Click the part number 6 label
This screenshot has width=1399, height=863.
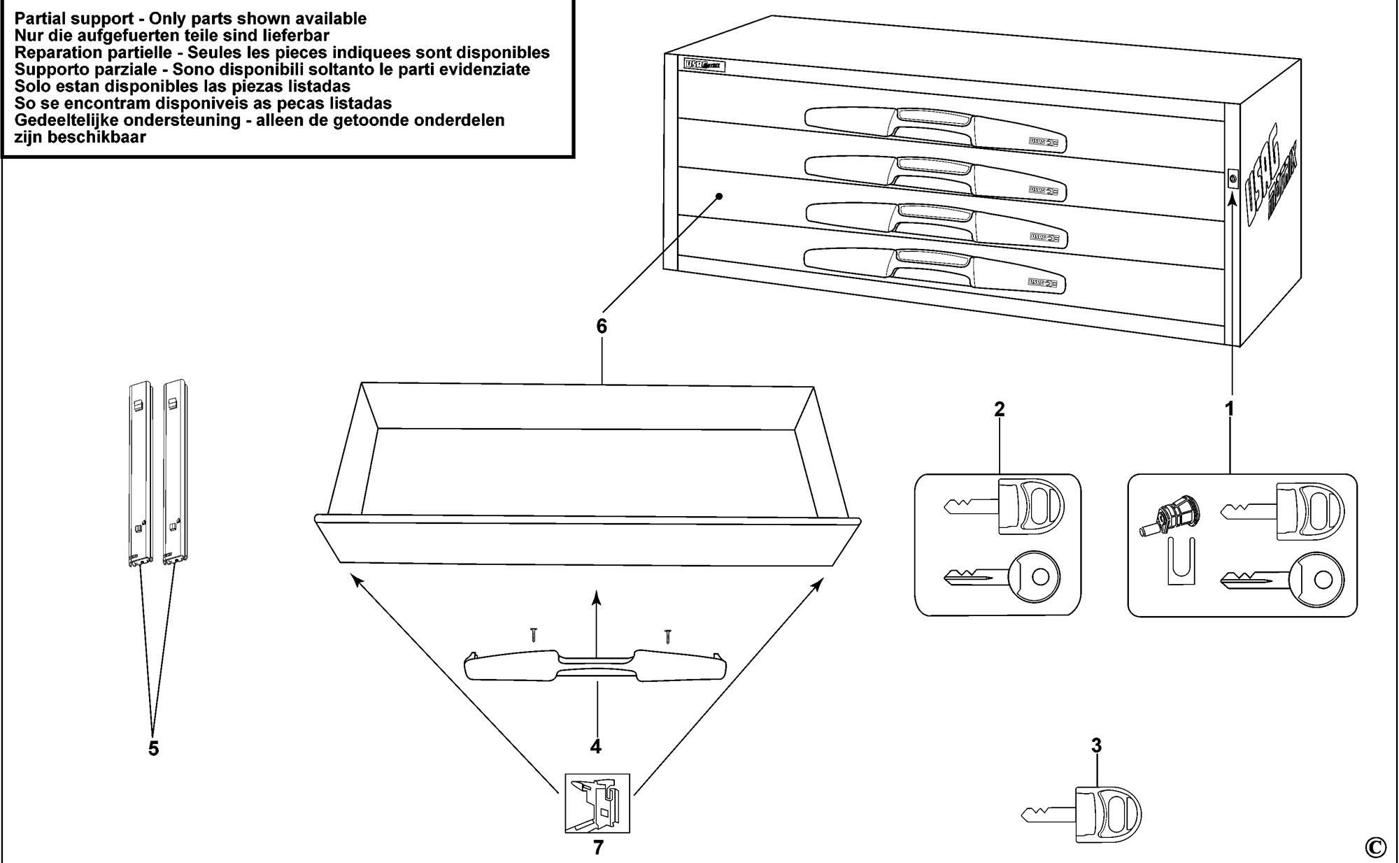click(602, 327)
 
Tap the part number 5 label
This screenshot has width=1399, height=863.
click(153, 748)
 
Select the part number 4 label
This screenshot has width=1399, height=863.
click(595, 747)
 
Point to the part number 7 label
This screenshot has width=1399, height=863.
click(597, 848)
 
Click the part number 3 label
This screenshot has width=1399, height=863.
click(1096, 746)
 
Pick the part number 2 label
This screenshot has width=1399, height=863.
click(999, 409)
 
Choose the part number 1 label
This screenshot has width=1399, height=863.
click(1229, 409)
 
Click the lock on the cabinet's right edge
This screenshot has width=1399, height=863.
click(1233, 179)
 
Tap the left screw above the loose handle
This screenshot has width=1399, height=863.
click(534, 635)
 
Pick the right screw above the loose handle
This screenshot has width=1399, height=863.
click(667, 635)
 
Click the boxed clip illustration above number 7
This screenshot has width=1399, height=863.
click(597, 803)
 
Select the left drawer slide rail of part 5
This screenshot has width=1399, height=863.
click(141, 472)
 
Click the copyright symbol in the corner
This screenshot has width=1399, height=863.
click(1375, 846)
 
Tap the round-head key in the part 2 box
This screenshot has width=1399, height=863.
click(1002, 578)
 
